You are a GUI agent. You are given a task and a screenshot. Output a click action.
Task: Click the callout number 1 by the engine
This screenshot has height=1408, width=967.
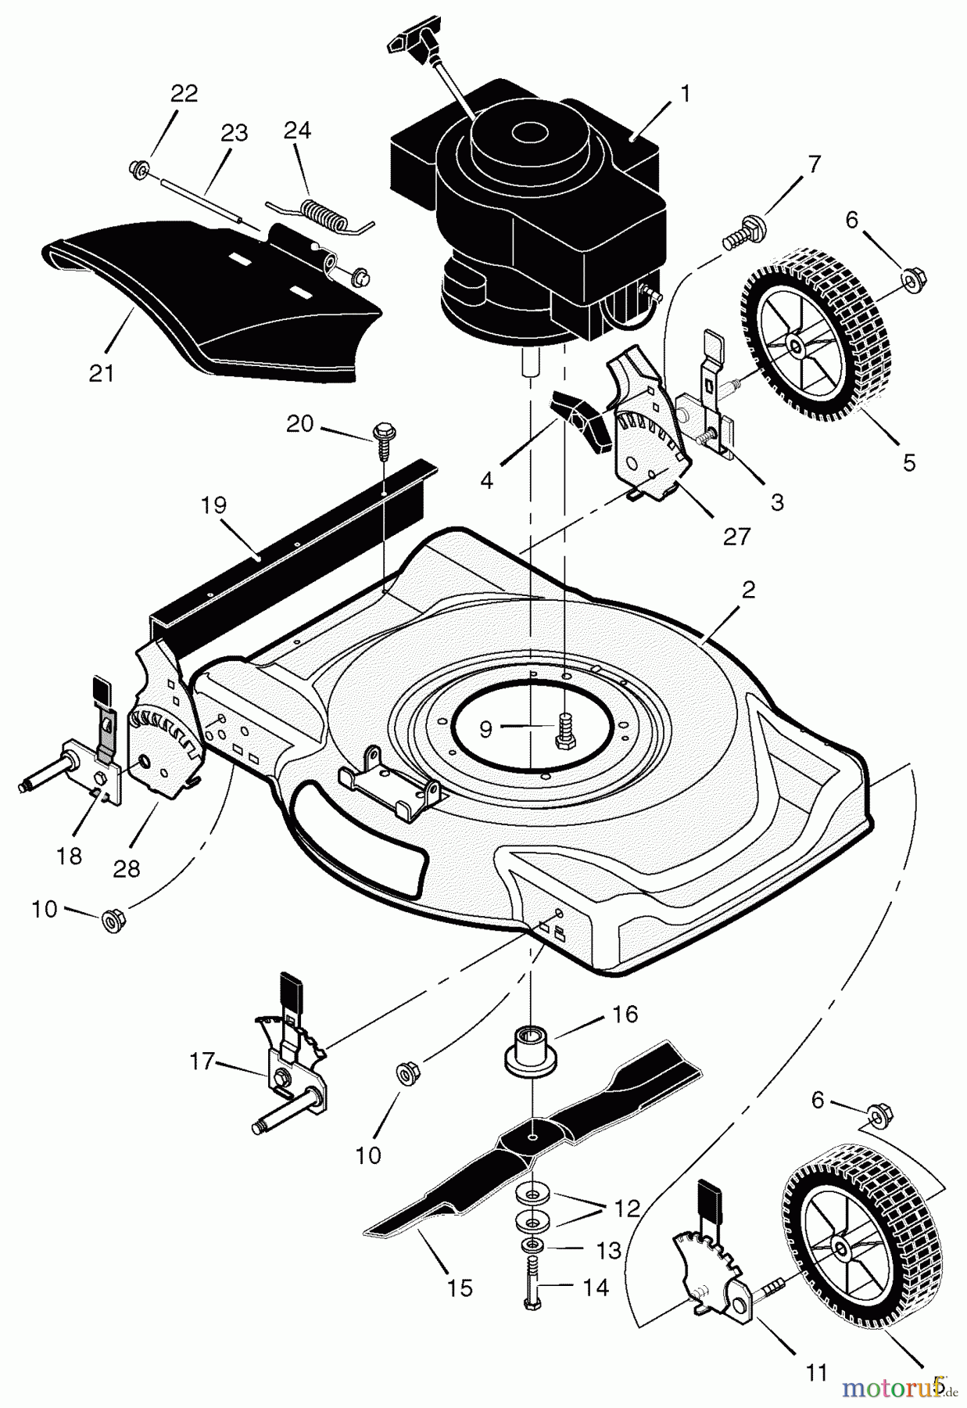(686, 95)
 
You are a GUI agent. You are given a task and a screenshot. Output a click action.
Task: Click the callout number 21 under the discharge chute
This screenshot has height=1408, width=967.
(102, 373)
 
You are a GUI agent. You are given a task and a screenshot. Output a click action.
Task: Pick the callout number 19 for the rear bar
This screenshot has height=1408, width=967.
(213, 505)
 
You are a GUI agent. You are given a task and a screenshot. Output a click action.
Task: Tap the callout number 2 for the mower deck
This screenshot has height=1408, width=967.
(748, 591)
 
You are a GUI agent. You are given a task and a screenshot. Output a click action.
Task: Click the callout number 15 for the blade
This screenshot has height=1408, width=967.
(460, 1288)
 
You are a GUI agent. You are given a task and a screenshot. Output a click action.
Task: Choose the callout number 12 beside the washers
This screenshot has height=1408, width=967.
(628, 1209)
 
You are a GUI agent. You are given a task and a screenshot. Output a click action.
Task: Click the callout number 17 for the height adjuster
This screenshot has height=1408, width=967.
(202, 1061)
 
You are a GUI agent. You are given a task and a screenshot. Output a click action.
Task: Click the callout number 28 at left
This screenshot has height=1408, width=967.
(127, 868)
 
